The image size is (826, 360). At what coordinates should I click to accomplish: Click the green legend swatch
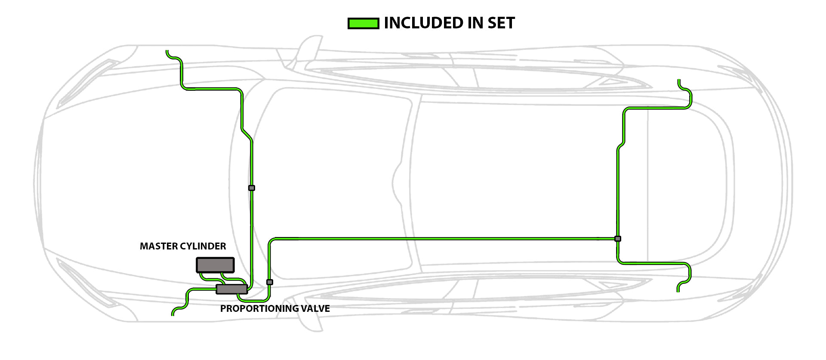click(x=363, y=23)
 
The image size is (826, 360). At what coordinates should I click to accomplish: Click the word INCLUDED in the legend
click(x=422, y=23)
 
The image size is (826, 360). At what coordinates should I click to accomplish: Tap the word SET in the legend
click(x=501, y=23)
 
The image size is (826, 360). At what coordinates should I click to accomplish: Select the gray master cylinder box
click(x=215, y=265)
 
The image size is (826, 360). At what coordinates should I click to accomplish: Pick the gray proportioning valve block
click(x=231, y=289)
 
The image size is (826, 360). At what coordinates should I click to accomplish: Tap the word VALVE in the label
click(x=314, y=308)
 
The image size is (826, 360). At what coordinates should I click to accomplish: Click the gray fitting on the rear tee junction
click(x=618, y=239)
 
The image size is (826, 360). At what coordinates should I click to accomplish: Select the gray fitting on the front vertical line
click(x=252, y=188)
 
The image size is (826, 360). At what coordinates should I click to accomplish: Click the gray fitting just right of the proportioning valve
click(x=270, y=282)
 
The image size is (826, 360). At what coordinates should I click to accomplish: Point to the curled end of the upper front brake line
click(x=167, y=52)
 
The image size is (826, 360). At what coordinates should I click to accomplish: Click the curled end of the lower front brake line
click(x=173, y=314)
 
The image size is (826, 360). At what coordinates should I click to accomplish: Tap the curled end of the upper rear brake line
click(x=679, y=81)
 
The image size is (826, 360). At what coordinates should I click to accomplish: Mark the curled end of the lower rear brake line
click(x=678, y=290)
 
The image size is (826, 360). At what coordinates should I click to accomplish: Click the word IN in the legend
click(x=474, y=23)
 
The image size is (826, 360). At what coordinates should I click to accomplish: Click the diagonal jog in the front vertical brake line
click(x=247, y=134)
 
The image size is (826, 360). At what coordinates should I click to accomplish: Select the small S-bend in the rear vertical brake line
click(x=621, y=145)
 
